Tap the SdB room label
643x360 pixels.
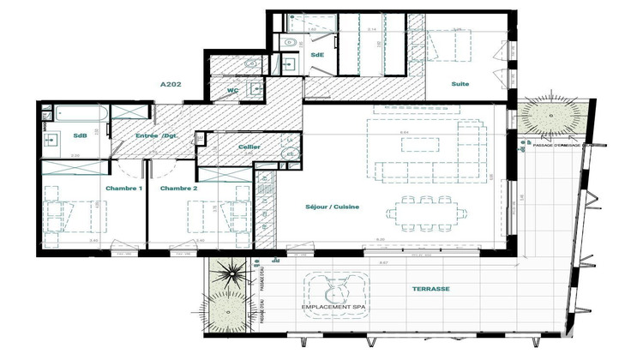coord(80,135)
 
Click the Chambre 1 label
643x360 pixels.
coord(123,188)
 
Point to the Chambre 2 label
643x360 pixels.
coord(179,188)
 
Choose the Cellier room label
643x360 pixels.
coord(249,147)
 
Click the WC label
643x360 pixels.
coord(232,90)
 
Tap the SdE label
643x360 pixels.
coord(317,56)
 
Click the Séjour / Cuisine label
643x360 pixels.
coord(332,207)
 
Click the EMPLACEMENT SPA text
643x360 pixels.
coord(331,307)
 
